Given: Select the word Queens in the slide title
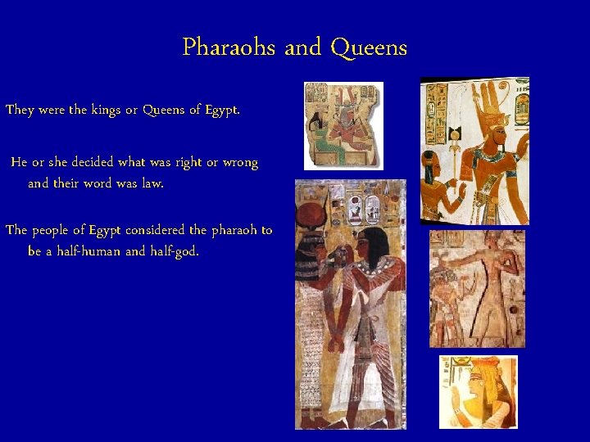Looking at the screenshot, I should [369, 47].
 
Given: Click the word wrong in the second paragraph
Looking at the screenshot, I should [241, 162].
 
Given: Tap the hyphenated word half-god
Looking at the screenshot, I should [174, 251].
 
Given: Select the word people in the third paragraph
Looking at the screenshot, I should [58, 230].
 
